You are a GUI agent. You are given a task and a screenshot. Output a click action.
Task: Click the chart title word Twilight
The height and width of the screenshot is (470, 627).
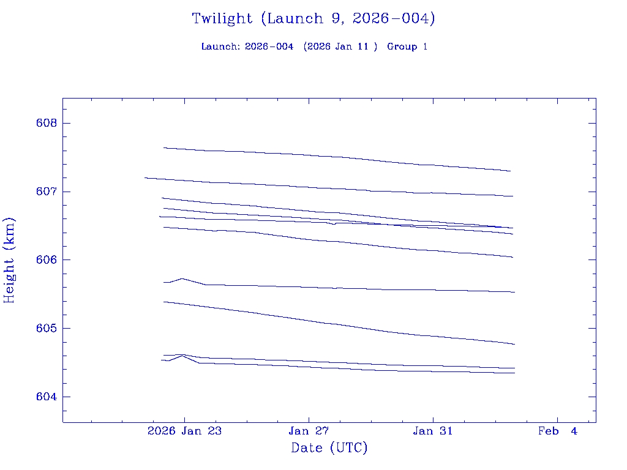(x=222, y=18)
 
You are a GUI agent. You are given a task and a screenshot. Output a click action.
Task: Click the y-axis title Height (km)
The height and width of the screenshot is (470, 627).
(x=9, y=260)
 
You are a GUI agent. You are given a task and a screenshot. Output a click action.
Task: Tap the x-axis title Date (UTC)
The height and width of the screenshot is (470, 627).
(x=329, y=448)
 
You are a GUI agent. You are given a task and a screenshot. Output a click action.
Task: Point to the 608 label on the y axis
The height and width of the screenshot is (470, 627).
(x=47, y=123)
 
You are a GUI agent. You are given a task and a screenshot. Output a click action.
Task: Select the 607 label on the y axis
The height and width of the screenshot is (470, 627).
(x=47, y=192)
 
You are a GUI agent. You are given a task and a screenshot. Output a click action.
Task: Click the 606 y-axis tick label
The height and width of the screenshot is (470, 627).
(x=47, y=260)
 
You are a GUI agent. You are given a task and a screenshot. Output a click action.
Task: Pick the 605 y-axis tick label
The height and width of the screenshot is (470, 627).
(x=47, y=329)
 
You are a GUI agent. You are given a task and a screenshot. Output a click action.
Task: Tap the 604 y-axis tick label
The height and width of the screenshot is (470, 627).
(x=47, y=397)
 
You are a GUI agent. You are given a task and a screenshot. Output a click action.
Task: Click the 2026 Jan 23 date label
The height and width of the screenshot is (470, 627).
(x=184, y=431)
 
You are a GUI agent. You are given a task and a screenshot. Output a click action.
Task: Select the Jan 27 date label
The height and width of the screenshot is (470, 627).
(x=309, y=431)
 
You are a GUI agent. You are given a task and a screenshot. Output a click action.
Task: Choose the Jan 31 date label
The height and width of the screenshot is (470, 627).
(x=433, y=431)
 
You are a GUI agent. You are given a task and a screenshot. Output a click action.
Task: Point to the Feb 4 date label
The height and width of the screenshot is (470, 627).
(x=557, y=431)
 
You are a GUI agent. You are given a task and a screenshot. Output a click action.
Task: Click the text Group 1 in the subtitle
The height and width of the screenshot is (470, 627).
(x=407, y=47)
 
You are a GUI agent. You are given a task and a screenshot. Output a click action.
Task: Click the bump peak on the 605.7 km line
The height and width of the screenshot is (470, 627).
(x=182, y=278)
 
